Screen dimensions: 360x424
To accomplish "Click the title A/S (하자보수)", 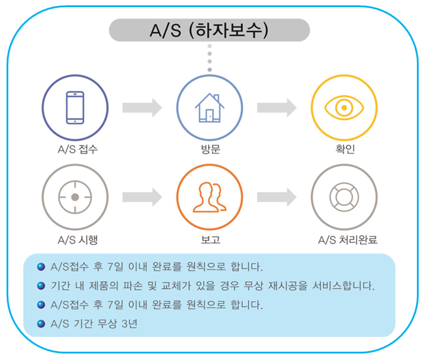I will coord(210,30).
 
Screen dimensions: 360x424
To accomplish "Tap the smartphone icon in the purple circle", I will coord(75,107).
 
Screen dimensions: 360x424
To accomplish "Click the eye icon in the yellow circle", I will coord(344,107).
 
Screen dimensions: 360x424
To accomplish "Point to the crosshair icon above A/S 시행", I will coord(75,197).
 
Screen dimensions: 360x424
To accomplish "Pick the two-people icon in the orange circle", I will coord(210,197).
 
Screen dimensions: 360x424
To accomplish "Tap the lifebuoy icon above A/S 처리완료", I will coord(344,197).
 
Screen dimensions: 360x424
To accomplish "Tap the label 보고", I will coord(210,240).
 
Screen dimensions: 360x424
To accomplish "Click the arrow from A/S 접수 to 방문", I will coord(142,107).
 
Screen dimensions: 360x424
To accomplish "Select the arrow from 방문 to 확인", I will coord(277,107).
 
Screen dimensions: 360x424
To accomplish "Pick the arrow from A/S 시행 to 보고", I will coord(142,197).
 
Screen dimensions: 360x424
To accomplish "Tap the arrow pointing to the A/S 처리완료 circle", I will coord(277,197).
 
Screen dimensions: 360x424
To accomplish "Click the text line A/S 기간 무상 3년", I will coord(95,323).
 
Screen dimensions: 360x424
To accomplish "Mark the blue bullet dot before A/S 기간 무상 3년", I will coord(41,323).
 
